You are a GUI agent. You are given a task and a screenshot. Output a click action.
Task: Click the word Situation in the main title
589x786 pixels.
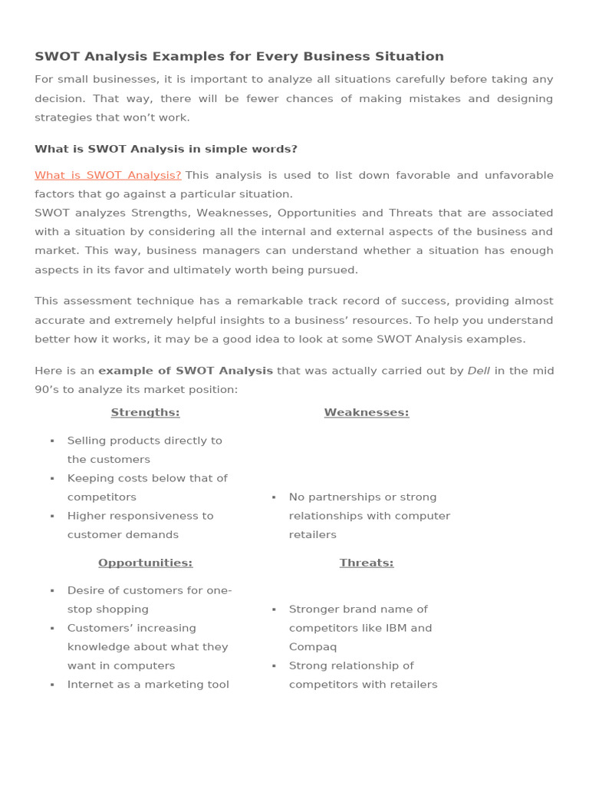coord(408,56)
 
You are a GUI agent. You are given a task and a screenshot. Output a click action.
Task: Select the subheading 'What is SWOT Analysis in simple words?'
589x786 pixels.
coord(166,149)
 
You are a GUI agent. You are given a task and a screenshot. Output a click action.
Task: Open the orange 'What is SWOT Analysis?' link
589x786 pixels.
coord(108,175)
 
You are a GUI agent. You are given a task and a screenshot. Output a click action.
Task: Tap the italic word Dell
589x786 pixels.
coord(479,371)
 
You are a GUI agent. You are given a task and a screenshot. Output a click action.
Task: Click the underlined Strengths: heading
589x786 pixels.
coord(145,412)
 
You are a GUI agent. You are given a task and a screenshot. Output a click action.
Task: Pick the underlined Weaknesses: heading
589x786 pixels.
coord(366,412)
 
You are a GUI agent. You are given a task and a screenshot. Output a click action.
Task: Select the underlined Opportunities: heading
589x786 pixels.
coord(145,563)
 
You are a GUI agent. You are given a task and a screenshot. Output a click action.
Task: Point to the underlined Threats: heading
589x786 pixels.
coord(366,563)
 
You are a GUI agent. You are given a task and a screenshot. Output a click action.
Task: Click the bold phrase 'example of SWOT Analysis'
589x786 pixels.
coord(186,371)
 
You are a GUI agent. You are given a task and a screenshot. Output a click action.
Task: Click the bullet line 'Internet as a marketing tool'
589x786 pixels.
coord(148,685)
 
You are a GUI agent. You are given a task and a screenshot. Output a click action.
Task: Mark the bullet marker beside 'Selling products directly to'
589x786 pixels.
coord(52,441)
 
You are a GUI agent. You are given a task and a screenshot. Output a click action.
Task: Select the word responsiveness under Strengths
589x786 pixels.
coord(153,516)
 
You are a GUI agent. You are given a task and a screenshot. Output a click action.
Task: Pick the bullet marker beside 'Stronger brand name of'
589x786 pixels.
coord(274,609)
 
